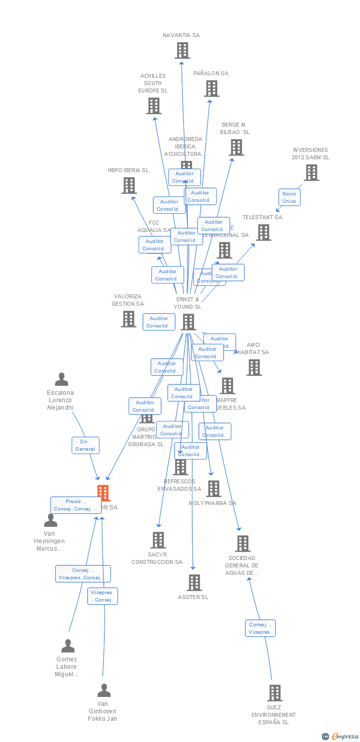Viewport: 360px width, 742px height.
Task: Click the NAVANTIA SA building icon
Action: pyautogui.click(x=182, y=50)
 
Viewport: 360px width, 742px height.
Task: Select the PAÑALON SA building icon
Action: pyautogui.click(x=212, y=89)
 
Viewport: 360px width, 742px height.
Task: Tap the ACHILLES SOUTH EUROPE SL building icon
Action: pyautogui.click(x=154, y=106)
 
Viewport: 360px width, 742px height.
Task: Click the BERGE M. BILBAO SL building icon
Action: pyautogui.click(x=236, y=147)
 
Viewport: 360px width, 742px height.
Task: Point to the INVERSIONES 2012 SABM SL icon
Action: pyautogui.click(x=311, y=173)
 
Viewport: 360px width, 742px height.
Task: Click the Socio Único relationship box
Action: pyautogui.click(x=289, y=197)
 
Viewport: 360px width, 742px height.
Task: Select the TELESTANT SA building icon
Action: pyautogui.click(x=264, y=232)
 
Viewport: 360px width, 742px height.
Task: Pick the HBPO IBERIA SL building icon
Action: pyautogui.click(x=129, y=185)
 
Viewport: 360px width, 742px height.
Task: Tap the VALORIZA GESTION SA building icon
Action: pyautogui.click(x=129, y=319)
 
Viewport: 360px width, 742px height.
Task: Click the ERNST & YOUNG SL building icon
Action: pyautogui.click(x=188, y=322)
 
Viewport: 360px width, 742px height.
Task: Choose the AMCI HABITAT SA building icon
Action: pyautogui.click(x=254, y=368)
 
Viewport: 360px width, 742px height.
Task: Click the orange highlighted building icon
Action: pyautogui.click(x=103, y=493)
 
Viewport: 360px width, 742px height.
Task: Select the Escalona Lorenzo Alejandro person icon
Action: pyautogui.click(x=61, y=379)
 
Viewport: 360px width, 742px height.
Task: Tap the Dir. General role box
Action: pyautogui.click(x=86, y=445)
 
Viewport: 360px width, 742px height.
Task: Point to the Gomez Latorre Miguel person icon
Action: pyautogui.click(x=68, y=646)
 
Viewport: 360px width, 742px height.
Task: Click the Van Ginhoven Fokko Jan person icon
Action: pyautogui.click(x=104, y=690)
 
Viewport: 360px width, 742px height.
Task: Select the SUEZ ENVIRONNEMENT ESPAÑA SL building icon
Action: pyautogui.click(x=275, y=693)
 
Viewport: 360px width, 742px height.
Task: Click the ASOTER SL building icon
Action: pyautogui.click(x=194, y=583)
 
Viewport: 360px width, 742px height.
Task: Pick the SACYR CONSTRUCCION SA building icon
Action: pyautogui.click(x=158, y=540)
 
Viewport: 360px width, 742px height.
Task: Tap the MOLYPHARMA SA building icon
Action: pyautogui.click(x=214, y=489)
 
